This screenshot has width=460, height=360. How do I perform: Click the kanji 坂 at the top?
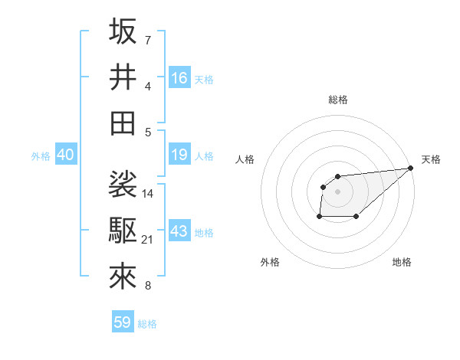click(123, 31)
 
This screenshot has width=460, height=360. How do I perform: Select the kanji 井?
click(123, 77)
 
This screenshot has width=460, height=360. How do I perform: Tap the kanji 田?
click(123, 123)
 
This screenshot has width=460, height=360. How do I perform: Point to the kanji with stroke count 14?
click(123, 185)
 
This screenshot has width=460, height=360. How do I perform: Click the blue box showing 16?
click(179, 77)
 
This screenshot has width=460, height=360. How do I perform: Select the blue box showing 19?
click(179, 155)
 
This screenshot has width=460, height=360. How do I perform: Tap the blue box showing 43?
click(179, 231)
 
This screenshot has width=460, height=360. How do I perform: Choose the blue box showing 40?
click(65, 155)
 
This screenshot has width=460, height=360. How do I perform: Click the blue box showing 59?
click(123, 322)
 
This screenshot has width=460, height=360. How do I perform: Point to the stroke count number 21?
click(149, 240)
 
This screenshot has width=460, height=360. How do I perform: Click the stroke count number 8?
click(148, 286)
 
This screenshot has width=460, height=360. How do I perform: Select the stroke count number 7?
click(148, 40)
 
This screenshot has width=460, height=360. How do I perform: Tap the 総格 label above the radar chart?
click(338, 100)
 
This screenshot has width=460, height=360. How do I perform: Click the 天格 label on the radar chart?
click(431, 159)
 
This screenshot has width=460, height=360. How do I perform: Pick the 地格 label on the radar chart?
click(402, 262)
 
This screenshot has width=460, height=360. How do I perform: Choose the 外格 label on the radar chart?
click(270, 262)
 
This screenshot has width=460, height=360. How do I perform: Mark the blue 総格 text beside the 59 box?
click(147, 323)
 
